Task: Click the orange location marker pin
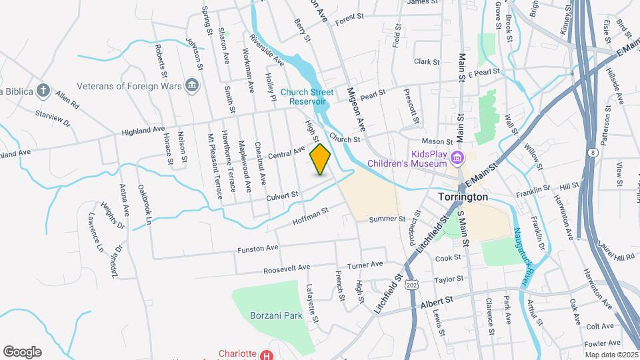point(320,159)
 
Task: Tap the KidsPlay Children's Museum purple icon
point(457,158)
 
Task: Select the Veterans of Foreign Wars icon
point(192,85)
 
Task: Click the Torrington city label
point(465,198)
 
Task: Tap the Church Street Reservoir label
point(307,97)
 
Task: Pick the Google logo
point(22,351)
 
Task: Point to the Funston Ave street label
point(257,248)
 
